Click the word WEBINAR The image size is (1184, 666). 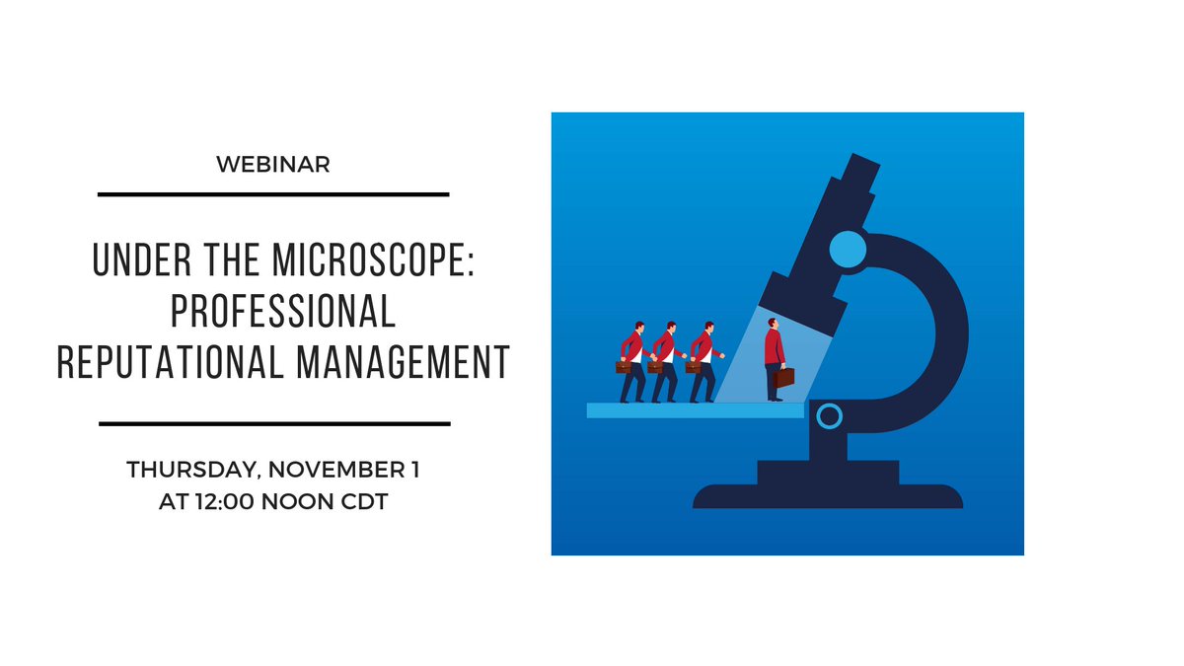pos(273,166)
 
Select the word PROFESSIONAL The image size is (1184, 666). pos(283,311)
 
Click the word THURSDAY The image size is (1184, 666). pos(193,471)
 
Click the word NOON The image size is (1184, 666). pos(300,500)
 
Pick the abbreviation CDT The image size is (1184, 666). pos(362,500)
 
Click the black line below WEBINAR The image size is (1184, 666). pos(273,194)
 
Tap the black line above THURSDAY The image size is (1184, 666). pos(274,423)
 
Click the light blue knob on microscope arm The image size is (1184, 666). pos(847,250)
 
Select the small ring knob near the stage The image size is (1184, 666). pos(829,416)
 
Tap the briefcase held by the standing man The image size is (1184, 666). pos(785,377)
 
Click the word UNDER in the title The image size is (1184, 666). pos(129,261)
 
